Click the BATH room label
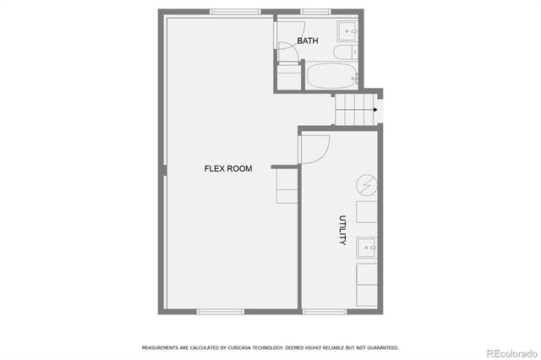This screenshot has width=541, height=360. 307,41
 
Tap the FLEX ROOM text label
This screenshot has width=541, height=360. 228,168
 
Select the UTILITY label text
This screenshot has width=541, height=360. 343,230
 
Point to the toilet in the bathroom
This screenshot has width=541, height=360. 344,53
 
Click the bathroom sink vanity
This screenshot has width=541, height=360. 349,31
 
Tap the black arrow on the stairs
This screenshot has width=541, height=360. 375,109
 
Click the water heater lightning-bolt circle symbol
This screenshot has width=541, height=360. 367,184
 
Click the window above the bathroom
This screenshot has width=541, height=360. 314,12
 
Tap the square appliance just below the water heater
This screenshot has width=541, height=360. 368,211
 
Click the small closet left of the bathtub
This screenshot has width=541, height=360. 288,78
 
